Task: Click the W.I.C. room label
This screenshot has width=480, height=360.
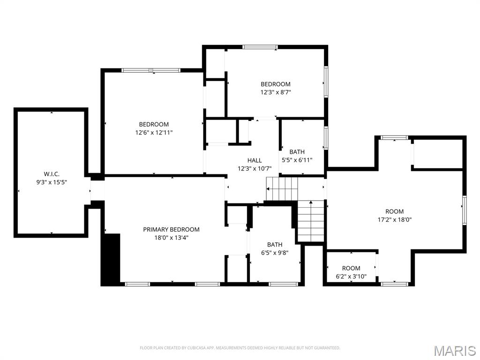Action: pos(52,174)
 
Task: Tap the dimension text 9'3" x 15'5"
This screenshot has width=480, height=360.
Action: pos(52,182)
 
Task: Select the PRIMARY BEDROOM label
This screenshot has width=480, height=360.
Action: pos(171,229)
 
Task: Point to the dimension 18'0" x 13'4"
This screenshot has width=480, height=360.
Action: pos(171,238)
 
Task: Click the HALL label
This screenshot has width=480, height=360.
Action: pos(255,160)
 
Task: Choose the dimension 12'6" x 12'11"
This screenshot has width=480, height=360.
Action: pos(154,133)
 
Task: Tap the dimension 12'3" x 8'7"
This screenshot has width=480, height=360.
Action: pos(276,92)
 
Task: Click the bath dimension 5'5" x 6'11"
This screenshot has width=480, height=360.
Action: pos(297,160)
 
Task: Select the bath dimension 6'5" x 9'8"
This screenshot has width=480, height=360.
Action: pos(275,253)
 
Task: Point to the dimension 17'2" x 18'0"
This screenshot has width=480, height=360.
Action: pos(394,219)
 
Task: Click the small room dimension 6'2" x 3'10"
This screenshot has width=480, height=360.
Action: pos(351,277)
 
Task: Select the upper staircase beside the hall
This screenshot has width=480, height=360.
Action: pos(282,188)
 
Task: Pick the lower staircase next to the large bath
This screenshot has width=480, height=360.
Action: pos(311,221)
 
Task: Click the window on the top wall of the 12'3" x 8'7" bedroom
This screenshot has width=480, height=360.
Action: pos(260,47)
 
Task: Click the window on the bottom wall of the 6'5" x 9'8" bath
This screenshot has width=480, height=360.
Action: pos(284,284)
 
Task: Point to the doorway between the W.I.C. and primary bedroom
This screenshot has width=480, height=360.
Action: pos(97,191)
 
